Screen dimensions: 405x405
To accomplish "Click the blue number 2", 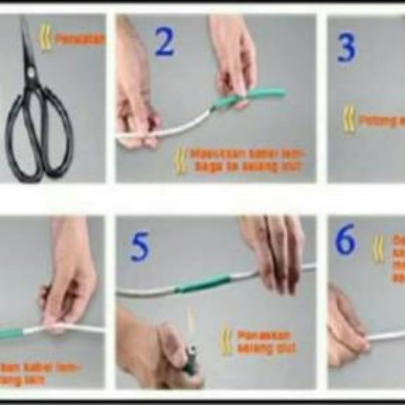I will [x=164, y=43].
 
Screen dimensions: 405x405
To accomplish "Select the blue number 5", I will [x=140, y=248].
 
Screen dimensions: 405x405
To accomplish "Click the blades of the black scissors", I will [x=29, y=57].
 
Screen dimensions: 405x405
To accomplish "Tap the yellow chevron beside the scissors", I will [x=46, y=37].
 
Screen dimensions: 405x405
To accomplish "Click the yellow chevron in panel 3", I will [x=349, y=119].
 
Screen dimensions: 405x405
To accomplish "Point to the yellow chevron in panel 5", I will [x=225, y=341].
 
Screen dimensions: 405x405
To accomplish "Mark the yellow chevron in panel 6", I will [x=378, y=248].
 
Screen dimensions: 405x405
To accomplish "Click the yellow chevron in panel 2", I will [x=182, y=160].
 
